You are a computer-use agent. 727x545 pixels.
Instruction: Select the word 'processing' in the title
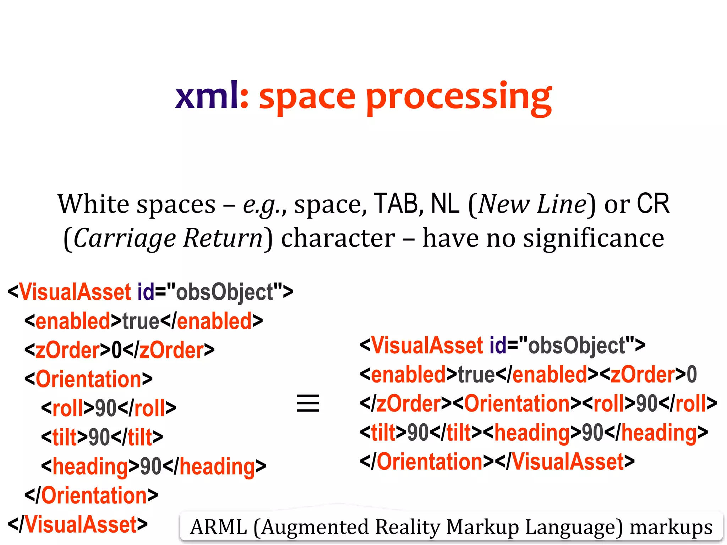click(459, 98)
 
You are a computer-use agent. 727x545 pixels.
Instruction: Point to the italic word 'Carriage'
click(125, 238)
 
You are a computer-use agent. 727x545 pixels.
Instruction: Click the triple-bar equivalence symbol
click(308, 403)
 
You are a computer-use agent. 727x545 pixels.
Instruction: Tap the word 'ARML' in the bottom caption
click(218, 527)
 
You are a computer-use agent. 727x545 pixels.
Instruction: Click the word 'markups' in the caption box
click(671, 527)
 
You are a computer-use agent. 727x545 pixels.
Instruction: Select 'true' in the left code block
click(141, 321)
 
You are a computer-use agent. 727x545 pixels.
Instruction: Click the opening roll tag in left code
click(67, 408)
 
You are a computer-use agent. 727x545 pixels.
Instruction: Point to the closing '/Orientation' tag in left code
click(92, 495)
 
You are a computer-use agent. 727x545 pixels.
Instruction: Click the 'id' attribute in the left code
click(146, 292)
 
